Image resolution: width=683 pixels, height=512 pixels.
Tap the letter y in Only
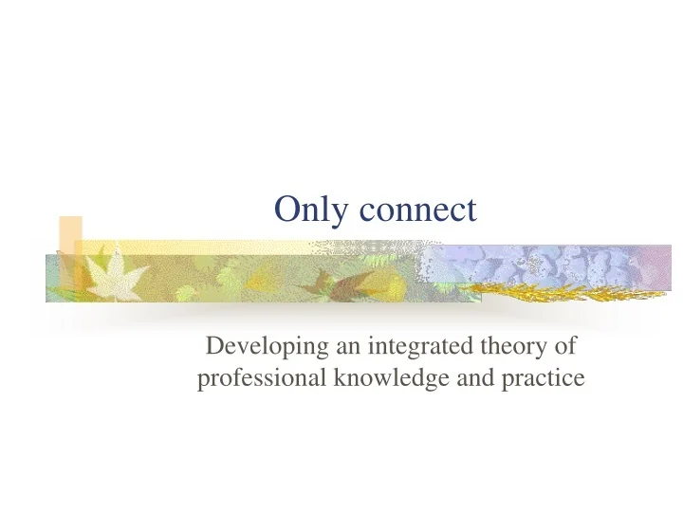(335, 213)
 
